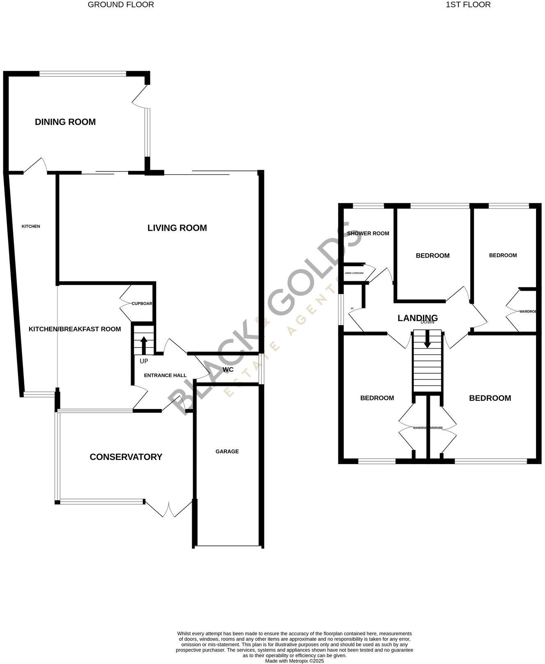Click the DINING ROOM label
(x=65, y=122)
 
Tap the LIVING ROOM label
(x=177, y=228)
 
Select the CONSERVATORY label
(x=126, y=457)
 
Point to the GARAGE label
(x=227, y=452)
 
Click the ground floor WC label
(x=228, y=370)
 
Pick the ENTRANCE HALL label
(x=165, y=375)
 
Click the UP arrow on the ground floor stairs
(x=144, y=345)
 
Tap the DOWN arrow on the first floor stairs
(x=428, y=340)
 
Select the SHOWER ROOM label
(x=368, y=234)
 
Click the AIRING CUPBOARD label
(x=354, y=273)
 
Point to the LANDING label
(x=417, y=318)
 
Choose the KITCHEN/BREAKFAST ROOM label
(x=75, y=329)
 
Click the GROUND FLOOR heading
(x=121, y=5)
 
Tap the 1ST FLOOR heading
(x=468, y=5)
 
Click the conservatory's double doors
(x=169, y=510)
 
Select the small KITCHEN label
(x=31, y=226)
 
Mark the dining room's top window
(x=83, y=74)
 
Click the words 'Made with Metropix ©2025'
(x=294, y=661)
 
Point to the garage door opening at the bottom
(x=228, y=546)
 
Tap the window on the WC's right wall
(x=262, y=369)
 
